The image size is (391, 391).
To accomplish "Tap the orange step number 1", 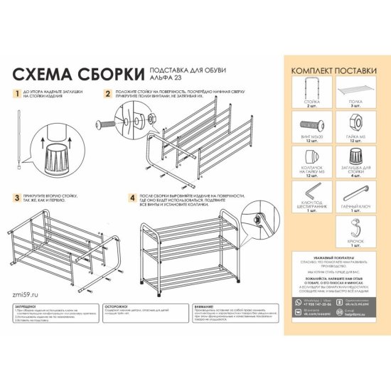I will tap(17, 94).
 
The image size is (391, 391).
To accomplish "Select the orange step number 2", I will tap(107, 94).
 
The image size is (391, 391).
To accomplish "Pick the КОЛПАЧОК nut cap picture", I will tap(310, 159).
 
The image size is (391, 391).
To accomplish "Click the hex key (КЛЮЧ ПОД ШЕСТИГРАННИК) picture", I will tap(310, 193).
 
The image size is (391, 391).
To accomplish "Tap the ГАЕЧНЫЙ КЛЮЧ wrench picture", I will tap(357, 191).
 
